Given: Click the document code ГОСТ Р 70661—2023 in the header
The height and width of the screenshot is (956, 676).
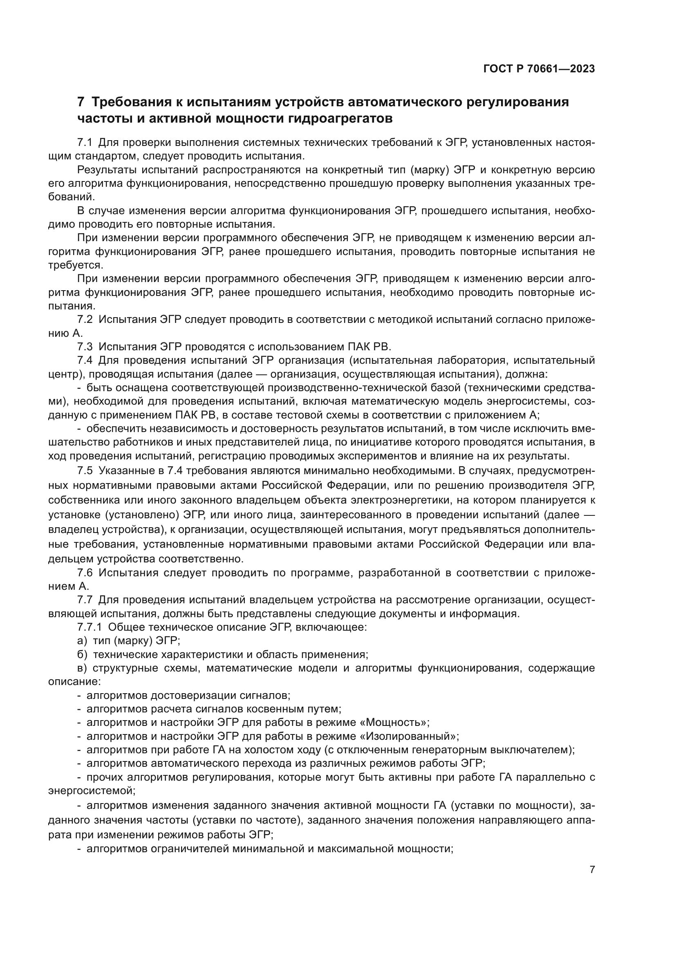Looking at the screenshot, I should [x=539, y=69].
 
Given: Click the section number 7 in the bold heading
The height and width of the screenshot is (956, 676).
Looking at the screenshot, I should [x=81, y=102].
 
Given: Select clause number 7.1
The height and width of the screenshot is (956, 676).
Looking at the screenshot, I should [x=85, y=143].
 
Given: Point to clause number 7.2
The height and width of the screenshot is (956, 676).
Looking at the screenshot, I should [x=85, y=319].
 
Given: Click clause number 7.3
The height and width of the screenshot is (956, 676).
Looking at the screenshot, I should [x=85, y=347].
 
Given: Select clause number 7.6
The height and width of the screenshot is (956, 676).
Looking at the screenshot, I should [x=85, y=573].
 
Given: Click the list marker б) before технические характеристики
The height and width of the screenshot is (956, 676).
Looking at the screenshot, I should [x=82, y=654].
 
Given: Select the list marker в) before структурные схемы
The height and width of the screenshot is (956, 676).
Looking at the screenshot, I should [x=82, y=668].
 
